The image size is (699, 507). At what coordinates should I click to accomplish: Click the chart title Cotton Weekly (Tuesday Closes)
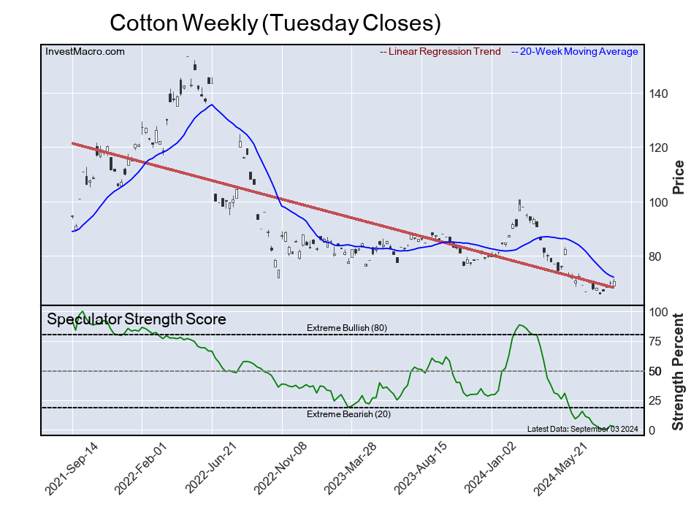pyautogui.click(x=275, y=23)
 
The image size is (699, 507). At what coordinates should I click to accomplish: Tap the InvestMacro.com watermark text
pyautogui.click(x=85, y=52)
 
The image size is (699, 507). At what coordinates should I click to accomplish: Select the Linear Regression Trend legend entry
pyautogui.click(x=440, y=52)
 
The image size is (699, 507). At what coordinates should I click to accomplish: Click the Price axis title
pyautogui.click(x=679, y=176)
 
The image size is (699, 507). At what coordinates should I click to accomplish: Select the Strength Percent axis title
pyautogui.click(x=679, y=371)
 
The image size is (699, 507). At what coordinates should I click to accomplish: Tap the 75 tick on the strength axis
pyautogui.click(x=657, y=341)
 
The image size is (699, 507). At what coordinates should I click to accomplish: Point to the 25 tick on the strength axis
pyautogui.click(x=657, y=400)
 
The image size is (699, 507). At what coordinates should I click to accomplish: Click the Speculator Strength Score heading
pyautogui.click(x=137, y=319)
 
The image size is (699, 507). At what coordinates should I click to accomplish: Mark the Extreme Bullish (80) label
pyautogui.click(x=347, y=328)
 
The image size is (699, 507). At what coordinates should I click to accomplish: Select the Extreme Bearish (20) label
pyautogui.click(x=347, y=415)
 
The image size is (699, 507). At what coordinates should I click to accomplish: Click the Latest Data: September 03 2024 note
pyautogui.click(x=582, y=428)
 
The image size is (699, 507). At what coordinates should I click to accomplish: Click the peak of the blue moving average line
pyautogui.click(x=211, y=105)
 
